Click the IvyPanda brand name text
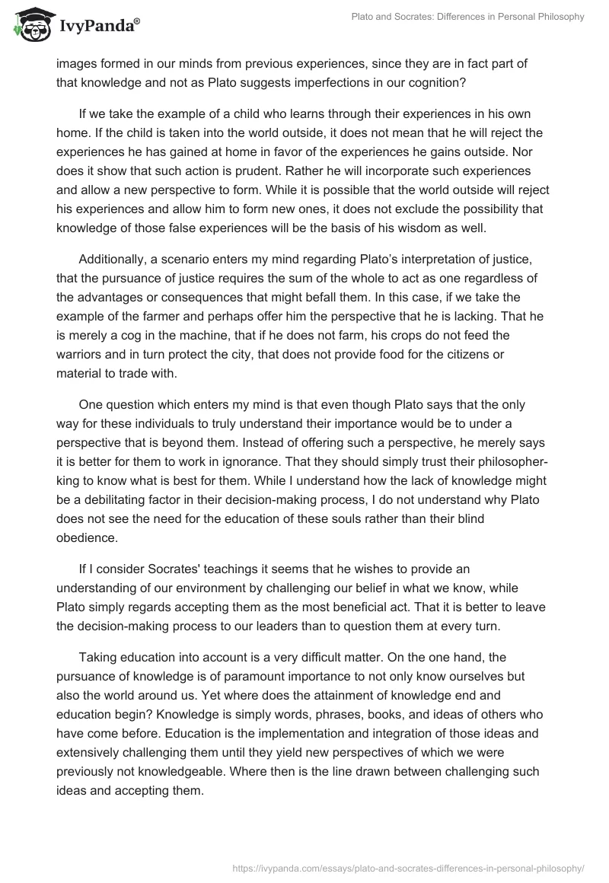[x=96, y=27]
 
